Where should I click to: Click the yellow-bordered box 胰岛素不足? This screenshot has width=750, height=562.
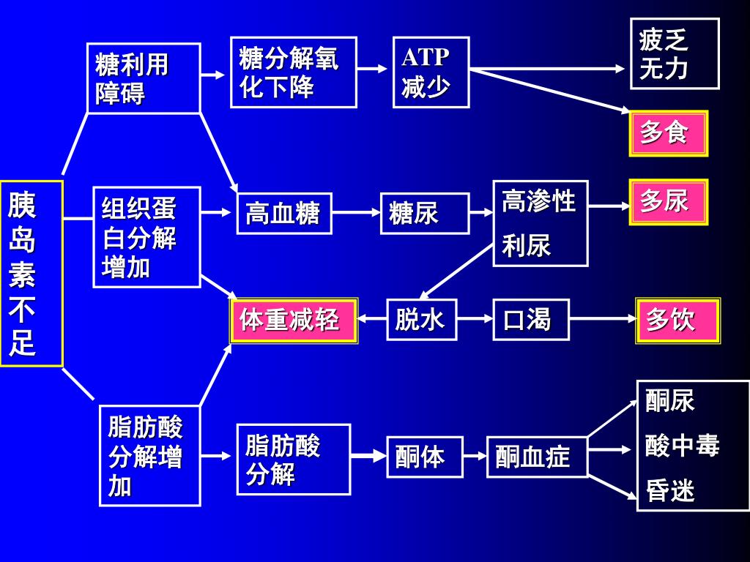pyautogui.click(x=31, y=273)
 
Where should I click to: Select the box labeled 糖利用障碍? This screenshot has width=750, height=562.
pyautogui.click(x=144, y=78)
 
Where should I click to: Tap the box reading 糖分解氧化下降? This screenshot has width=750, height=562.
pyautogui.click(x=293, y=72)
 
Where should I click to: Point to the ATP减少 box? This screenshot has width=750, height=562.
pyautogui.click(x=431, y=72)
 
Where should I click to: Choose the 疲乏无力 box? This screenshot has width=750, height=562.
pyautogui.click(x=675, y=53)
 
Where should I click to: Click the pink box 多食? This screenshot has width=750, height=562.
pyautogui.click(x=668, y=134)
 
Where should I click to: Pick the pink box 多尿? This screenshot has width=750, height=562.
pyautogui.click(x=668, y=201)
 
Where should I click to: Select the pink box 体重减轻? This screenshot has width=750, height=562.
pyautogui.click(x=294, y=321)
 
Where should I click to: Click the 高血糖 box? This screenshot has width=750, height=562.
pyautogui.click(x=283, y=214)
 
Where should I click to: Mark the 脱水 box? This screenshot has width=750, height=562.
pyautogui.click(x=421, y=320)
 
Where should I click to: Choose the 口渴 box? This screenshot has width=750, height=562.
pyautogui.click(x=530, y=320)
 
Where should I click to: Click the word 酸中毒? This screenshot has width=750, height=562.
pyautogui.click(x=682, y=445)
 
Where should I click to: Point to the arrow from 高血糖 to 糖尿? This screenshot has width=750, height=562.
pyautogui.click(x=355, y=214)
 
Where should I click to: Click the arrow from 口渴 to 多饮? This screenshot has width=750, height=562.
pyautogui.click(x=602, y=320)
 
